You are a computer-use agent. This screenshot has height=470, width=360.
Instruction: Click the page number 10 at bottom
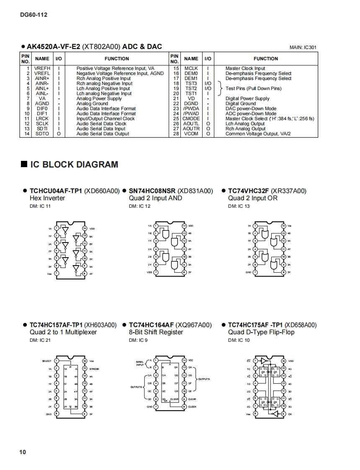22,452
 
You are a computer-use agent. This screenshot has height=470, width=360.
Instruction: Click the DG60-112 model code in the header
33,15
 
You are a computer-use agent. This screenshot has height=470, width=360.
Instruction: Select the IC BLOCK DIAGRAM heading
74,165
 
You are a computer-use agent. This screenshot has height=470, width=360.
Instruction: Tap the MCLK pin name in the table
191,68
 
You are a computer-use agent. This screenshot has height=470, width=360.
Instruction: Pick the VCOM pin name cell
191,134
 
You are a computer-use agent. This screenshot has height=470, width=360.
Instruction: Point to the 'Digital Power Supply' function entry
247,98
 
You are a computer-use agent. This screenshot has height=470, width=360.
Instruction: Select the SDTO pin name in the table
42,134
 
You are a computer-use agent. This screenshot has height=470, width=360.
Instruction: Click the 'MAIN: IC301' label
303,48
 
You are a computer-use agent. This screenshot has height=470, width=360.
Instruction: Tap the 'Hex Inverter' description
47,198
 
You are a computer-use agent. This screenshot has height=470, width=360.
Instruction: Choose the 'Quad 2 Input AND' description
155,198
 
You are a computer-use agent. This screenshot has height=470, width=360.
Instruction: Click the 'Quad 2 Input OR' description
252,198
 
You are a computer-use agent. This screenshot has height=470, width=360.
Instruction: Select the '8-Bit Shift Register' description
156,332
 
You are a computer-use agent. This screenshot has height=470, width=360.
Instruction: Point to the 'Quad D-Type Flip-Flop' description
261,332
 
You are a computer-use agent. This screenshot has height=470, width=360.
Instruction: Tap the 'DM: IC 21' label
40,340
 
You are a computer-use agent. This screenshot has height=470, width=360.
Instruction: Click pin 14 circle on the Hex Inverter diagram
85,228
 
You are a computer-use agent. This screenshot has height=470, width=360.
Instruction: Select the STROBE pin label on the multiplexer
94,369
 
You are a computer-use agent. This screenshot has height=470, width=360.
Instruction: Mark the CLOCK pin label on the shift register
192,407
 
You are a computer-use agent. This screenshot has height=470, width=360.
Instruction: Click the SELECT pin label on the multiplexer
47,361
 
